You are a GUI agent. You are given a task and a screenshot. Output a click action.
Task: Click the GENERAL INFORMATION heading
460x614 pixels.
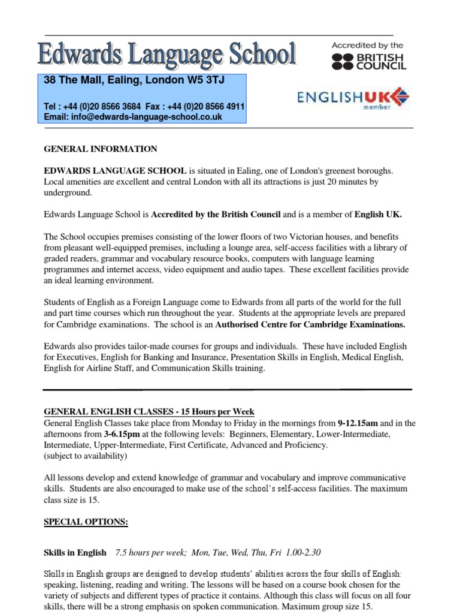pos(101,149)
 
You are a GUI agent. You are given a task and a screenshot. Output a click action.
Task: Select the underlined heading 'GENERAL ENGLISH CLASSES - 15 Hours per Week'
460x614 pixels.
pos(149,412)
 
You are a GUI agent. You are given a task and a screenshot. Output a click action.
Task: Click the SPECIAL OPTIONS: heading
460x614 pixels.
pos(86,522)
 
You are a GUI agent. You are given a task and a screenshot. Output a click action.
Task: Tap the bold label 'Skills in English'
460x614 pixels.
pos(75,552)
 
